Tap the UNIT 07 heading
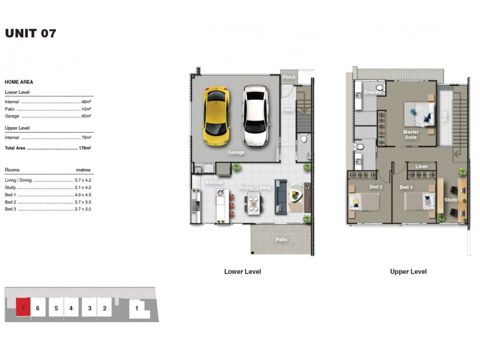pos(31,34)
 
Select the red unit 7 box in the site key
pos(22,308)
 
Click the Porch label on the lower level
pos(289,77)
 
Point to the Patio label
pos(281,239)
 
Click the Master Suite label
pos(411,134)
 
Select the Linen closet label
pos(421,166)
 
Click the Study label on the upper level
pos(451,200)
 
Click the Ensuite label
pos(373,92)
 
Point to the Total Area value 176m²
pos(85,148)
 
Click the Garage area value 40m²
pos(86,116)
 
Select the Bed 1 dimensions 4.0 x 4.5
pos(82,194)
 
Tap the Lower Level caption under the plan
pos(242,272)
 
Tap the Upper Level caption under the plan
pos(408,272)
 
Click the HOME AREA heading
pos(19,82)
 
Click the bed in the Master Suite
pos(419,112)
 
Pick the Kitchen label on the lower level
pos(214,182)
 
